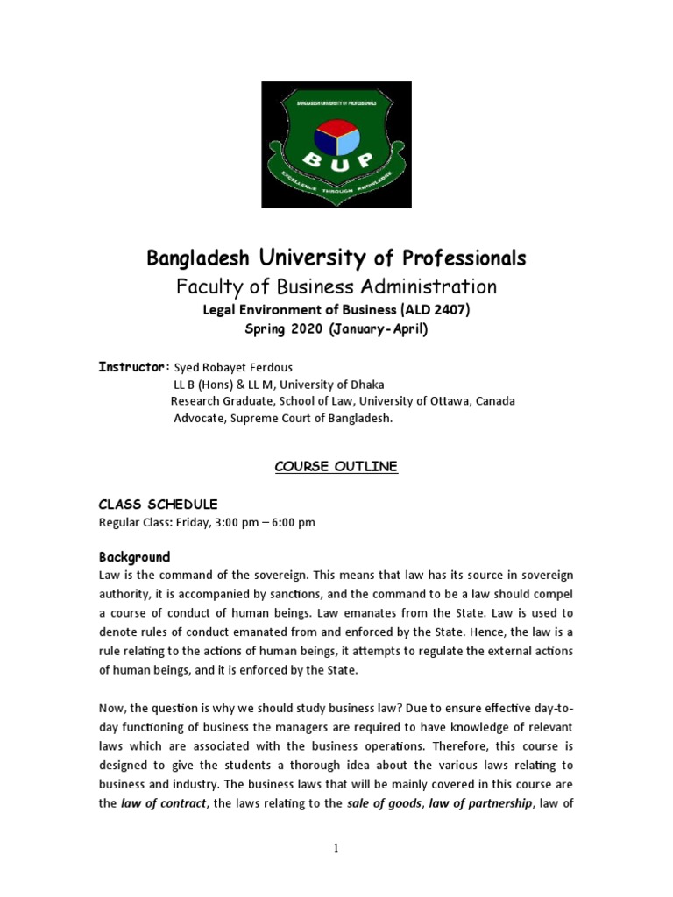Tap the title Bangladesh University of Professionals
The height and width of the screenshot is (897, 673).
pos(336,258)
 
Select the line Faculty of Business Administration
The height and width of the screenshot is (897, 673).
pos(336,286)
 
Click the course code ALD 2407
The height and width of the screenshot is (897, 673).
pos(436,310)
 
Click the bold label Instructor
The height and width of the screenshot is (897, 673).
pos(131,366)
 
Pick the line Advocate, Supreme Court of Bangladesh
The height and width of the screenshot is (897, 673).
pos(283,419)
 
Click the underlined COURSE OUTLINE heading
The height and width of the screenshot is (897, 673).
pos(336,467)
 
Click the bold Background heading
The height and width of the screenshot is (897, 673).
pos(134,557)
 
